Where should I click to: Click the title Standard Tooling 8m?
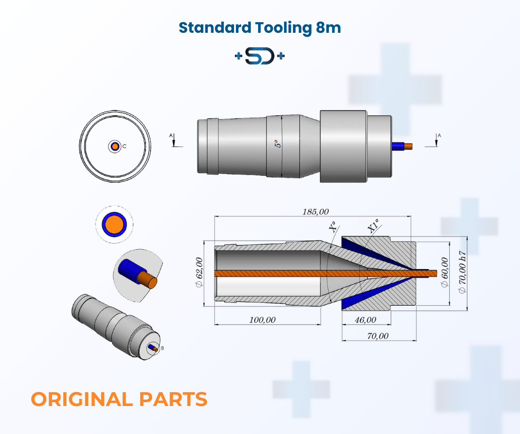260,27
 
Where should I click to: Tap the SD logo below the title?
260,56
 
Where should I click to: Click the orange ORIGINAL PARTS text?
119,399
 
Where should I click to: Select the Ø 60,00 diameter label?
444,272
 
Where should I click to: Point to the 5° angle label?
277,144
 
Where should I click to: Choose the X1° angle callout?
373,226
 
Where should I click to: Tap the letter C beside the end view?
124,146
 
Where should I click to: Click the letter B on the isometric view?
162,348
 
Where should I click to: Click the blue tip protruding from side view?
398,146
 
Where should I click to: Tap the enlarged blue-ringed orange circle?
115,225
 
